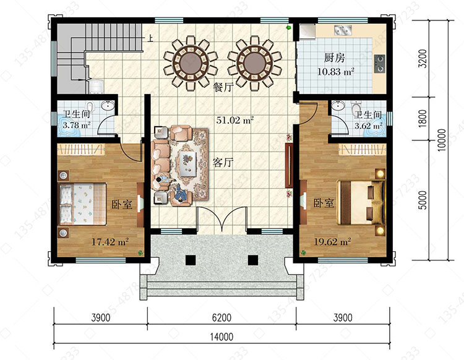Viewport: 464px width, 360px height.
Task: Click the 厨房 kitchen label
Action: pyautogui.click(x=334, y=58)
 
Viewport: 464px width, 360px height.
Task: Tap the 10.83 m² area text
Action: pyautogui.click(x=336, y=72)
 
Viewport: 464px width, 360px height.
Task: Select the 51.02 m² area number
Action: pyautogui.click(x=235, y=120)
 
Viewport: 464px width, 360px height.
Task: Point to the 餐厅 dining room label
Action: pyautogui.click(x=224, y=87)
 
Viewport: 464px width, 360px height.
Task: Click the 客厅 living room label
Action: pyautogui.click(x=223, y=163)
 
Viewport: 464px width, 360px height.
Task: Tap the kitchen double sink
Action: pyautogui.click(x=343, y=30)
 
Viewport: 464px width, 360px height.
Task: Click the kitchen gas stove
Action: pyautogui.click(x=380, y=63)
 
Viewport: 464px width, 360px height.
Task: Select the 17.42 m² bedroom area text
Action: pyautogui.click(x=110, y=242)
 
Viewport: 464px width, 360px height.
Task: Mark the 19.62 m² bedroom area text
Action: pyautogui.click(x=332, y=242)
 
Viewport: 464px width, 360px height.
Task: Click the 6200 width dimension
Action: pyautogui.click(x=221, y=318)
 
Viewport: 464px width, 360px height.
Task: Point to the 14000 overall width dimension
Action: pyautogui.click(x=221, y=337)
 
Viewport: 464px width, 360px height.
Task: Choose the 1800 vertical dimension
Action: pyautogui.click(x=423, y=119)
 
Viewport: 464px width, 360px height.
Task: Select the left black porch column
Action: pyautogui.click(x=191, y=260)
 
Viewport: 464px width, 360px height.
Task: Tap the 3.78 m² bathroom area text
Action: pyautogui.click(x=77, y=125)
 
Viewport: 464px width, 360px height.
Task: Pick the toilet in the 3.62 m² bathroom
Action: pyautogui.click(x=356, y=109)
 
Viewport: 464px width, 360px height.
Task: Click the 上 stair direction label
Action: pyautogui.click(x=150, y=38)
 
